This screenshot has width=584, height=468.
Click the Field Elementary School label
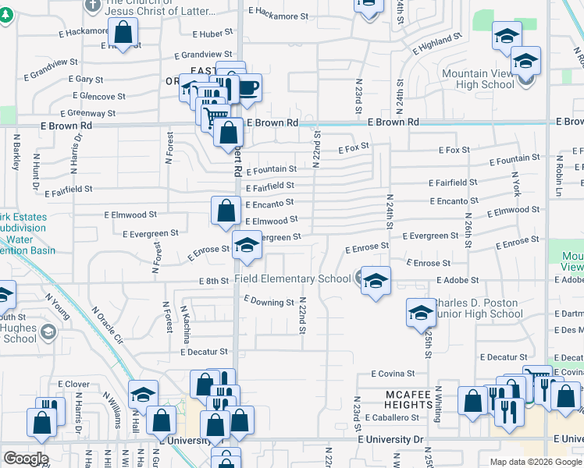tap(294, 279)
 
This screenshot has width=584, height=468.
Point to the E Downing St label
tap(269, 301)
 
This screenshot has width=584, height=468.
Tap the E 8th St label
tap(212, 281)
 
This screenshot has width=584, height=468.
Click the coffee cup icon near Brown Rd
tap(247, 88)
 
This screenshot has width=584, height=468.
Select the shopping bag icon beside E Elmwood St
tap(226, 211)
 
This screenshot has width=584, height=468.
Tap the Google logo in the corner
tap(26, 459)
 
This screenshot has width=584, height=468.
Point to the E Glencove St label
tap(97, 97)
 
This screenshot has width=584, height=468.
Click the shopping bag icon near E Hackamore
tap(123, 34)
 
